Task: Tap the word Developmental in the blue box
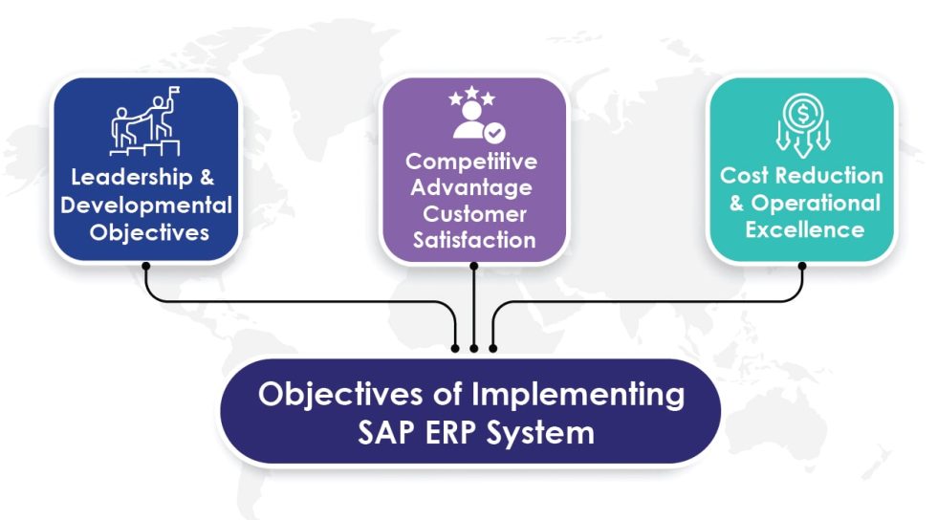[144, 205]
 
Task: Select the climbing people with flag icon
[144, 122]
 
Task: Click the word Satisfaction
[473, 239]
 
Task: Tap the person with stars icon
[473, 116]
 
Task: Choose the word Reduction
[829, 176]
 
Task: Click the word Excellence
[801, 229]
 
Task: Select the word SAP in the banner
[386, 432]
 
